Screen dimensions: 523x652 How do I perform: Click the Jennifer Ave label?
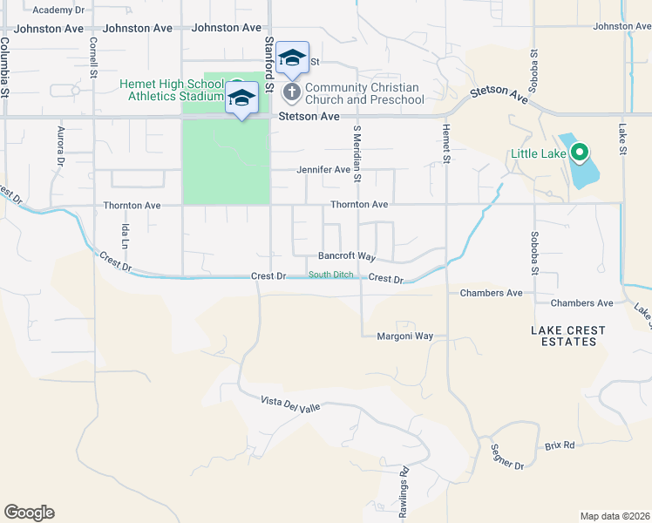tap(323, 170)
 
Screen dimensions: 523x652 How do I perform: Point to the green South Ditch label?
tap(332, 275)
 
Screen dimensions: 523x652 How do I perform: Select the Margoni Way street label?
tap(405, 336)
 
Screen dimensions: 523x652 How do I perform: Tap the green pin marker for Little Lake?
tap(579, 153)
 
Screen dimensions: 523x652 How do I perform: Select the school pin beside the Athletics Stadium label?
tap(242, 98)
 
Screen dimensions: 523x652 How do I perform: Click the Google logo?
tap(29, 513)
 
